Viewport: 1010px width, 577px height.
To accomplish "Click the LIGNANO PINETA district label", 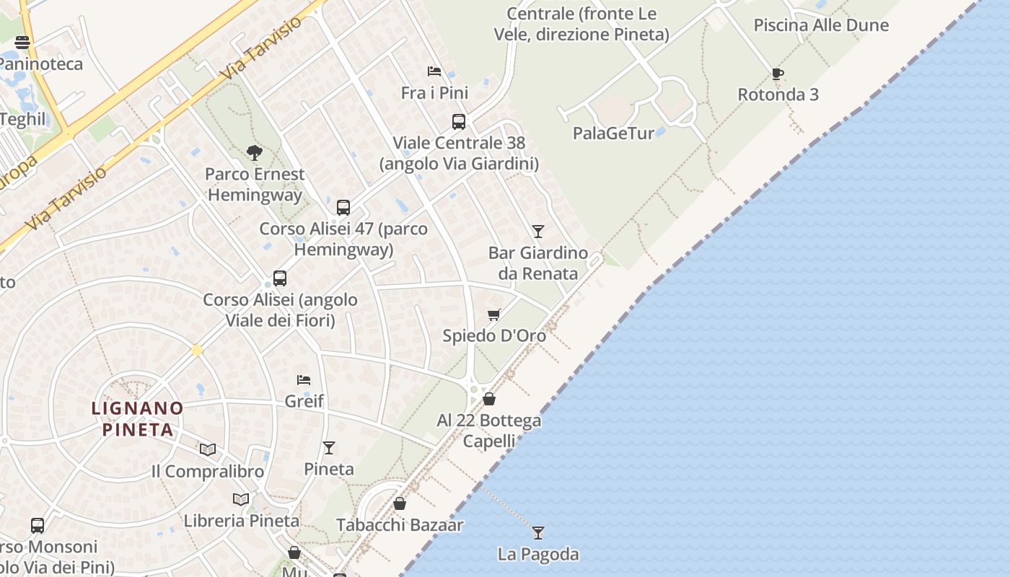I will click(137, 419).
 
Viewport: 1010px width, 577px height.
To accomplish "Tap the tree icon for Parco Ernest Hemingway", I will click(254, 152).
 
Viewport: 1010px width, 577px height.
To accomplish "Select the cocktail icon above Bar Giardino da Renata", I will click(537, 231).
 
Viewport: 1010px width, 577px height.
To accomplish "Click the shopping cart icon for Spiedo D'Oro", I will click(494, 314).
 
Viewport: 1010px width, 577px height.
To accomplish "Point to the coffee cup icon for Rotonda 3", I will click(777, 74).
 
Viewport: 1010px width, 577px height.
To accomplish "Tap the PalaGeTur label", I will click(613, 133).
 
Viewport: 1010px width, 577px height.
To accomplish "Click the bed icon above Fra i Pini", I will click(434, 71).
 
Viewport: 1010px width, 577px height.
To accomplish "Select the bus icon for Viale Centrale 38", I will click(459, 121).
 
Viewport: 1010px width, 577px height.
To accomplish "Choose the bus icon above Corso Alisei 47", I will click(343, 208).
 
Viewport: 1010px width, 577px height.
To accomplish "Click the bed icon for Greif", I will click(304, 379).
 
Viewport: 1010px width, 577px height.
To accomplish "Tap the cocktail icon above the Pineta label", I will click(329, 447).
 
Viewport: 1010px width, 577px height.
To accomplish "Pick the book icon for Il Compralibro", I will click(208, 449).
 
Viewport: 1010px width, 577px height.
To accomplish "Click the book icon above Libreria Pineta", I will click(241, 499).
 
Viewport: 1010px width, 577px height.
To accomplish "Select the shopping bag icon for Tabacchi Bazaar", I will click(400, 503).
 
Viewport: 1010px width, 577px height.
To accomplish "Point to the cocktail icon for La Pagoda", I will click(537, 532).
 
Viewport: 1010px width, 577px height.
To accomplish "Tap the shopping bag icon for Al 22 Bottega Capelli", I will click(489, 399).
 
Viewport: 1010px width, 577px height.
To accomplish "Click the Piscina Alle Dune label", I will click(821, 25).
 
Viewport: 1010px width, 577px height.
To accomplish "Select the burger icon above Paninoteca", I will click(22, 42).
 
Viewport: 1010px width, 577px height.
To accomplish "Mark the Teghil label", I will click(23, 119).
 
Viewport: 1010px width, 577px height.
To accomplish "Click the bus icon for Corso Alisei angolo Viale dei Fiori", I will click(280, 278).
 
